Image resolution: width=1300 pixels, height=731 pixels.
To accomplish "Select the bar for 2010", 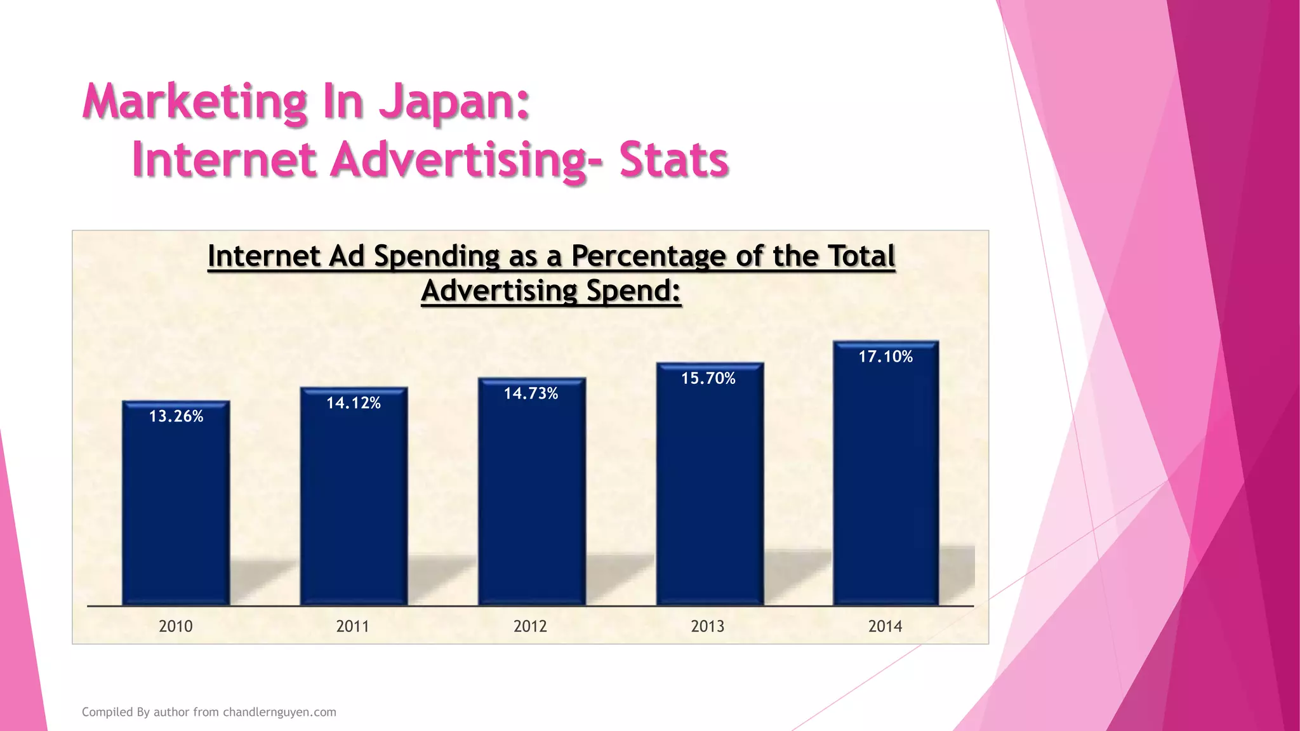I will pos(176,508).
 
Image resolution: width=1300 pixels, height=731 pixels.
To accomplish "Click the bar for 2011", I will pos(354,501).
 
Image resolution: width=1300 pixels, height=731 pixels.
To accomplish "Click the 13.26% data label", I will pos(176,416).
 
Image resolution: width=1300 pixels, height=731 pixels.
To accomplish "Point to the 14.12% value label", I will pos(354,403).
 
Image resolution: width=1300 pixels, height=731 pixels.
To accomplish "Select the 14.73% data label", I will pos(531,393).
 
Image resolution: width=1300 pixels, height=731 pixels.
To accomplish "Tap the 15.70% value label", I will pos(708,378).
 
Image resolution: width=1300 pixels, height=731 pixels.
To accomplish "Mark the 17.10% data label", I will pos(885,357).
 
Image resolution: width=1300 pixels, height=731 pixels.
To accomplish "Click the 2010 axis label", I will pos(176,626).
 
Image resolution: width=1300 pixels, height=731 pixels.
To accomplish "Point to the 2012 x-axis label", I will pos(531,626).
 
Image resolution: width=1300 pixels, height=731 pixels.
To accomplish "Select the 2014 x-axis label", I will pos(885,626).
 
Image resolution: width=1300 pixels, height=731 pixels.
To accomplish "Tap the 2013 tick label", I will pos(708,626).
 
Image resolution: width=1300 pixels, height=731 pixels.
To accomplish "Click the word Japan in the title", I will pos(454,103).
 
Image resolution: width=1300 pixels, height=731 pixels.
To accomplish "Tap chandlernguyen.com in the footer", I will pos(279,712).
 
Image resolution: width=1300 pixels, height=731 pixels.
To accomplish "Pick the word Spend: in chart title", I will pos(633,291).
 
